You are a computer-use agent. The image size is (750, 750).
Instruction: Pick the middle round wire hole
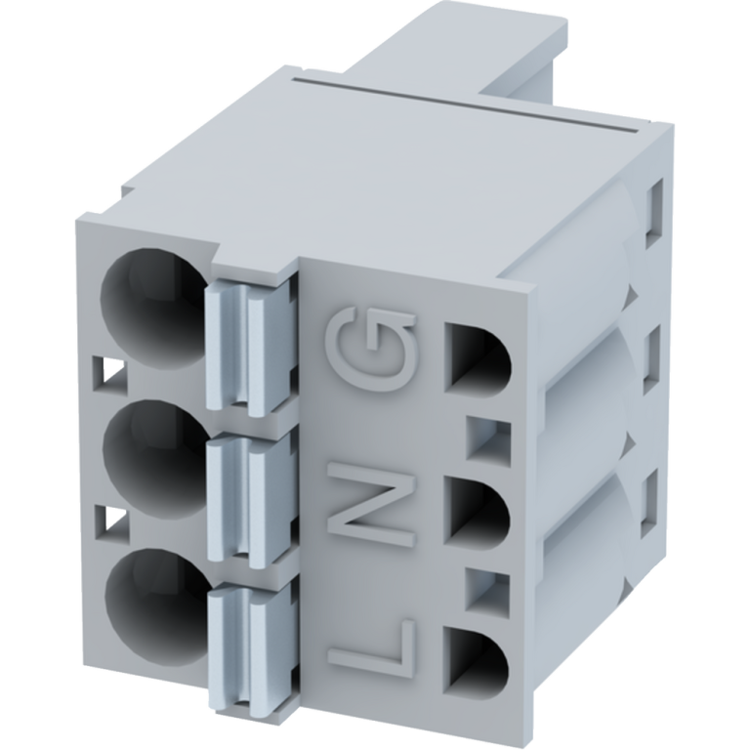(154, 458)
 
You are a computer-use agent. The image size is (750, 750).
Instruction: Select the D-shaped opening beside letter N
(477, 510)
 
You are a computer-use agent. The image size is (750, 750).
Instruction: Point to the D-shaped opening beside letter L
(476, 660)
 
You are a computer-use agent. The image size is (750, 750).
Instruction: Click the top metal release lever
(248, 346)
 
